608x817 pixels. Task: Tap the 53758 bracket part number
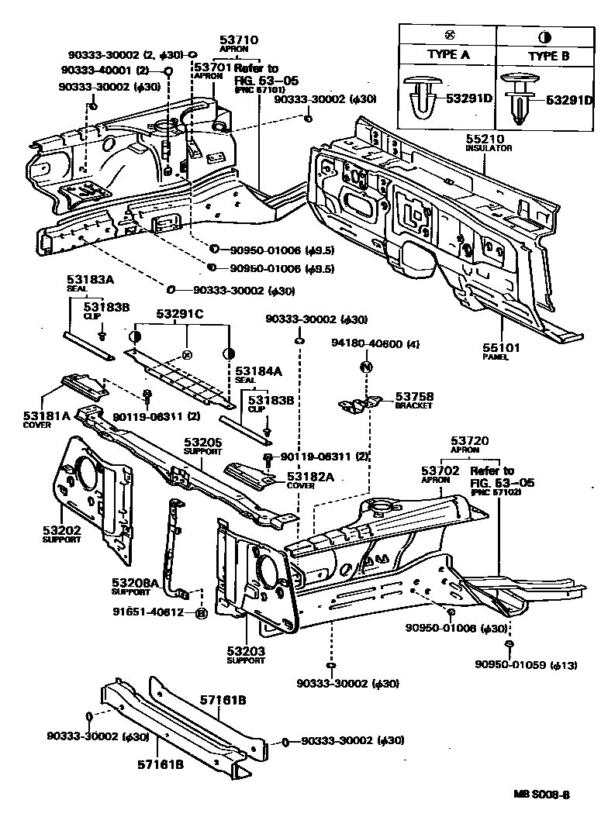coord(414,396)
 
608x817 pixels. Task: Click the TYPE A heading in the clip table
coord(449,56)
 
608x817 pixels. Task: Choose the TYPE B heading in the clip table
coord(548,56)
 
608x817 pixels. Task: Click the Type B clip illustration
coord(518,98)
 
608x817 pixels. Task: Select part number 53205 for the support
coord(203,443)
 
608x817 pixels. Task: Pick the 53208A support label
coord(135,582)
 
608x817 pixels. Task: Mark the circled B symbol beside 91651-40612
coord(200,612)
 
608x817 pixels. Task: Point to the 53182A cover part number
coord(310,476)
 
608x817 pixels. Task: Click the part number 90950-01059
coord(512,664)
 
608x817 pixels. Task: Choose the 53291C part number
coord(181,314)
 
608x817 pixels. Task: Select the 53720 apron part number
coord(472,440)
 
